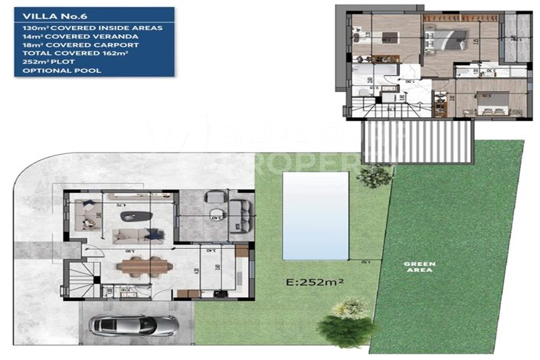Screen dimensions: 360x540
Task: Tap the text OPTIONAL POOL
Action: point(51,70)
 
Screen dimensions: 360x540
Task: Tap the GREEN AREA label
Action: point(420,267)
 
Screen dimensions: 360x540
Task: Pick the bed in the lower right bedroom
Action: point(487,102)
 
